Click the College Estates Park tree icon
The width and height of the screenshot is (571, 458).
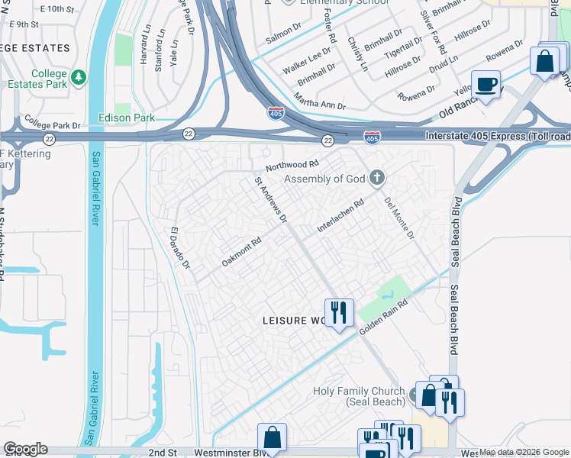[79, 78]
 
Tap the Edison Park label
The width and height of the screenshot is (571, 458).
[127, 118]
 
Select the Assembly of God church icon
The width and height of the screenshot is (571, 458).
[376, 179]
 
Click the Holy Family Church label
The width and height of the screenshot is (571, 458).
[359, 396]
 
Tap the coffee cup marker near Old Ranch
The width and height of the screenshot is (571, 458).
[486, 84]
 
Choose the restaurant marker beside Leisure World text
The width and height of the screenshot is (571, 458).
[339, 312]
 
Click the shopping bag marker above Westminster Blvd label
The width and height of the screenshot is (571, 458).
[272, 437]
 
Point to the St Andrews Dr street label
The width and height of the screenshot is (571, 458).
[270, 199]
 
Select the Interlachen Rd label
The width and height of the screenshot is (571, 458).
[340, 217]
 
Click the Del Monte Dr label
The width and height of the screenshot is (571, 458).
[398, 218]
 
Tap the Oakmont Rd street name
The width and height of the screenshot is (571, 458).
[241, 251]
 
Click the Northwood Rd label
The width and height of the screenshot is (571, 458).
[292, 165]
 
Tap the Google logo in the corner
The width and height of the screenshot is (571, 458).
[25, 449]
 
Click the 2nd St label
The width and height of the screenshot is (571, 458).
[163, 453]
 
